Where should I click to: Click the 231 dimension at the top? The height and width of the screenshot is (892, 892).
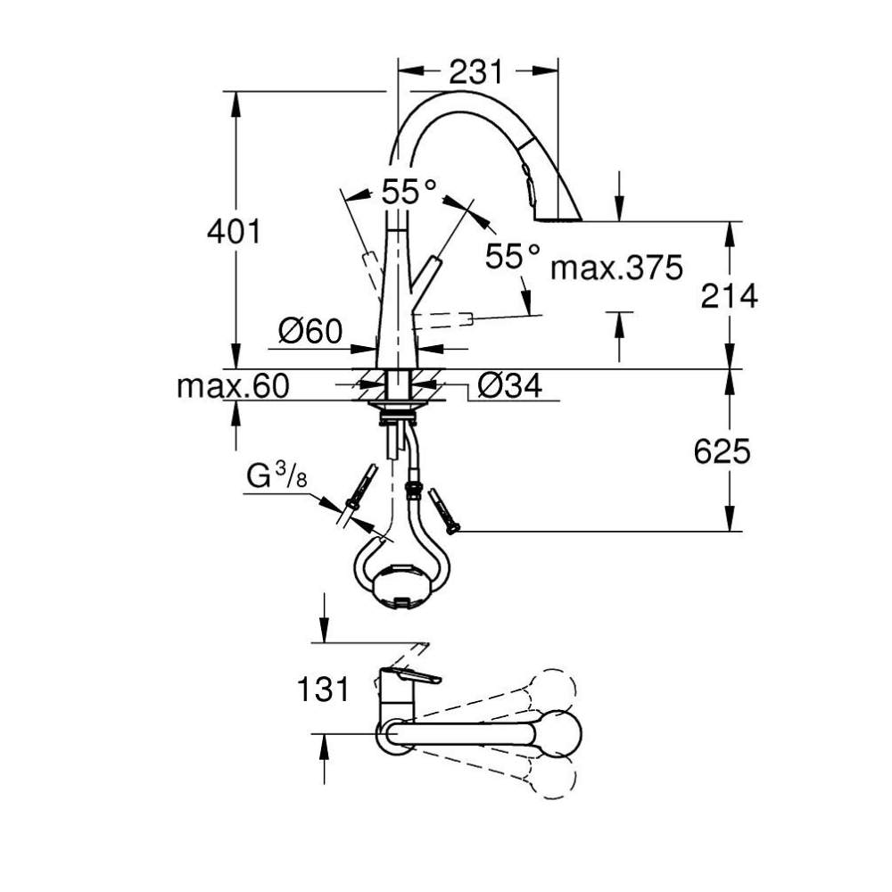(x=475, y=71)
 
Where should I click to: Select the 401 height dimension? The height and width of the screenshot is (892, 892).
(x=234, y=232)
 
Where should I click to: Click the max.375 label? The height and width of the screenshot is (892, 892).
(x=616, y=266)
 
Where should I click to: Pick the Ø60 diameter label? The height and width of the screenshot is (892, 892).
(x=310, y=333)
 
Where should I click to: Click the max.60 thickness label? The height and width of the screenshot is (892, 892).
(x=233, y=386)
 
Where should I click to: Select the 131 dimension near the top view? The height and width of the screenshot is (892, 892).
(x=324, y=689)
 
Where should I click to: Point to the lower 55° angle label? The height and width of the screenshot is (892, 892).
(x=513, y=257)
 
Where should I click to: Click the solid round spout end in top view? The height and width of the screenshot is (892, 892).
(x=561, y=731)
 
